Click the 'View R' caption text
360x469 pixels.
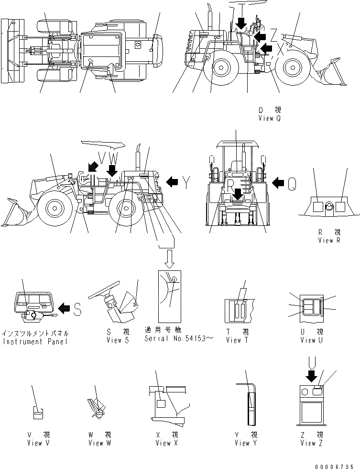point(329,240)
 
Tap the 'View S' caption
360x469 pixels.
point(118,340)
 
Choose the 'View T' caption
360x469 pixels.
point(237,340)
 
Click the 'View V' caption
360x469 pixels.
point(38,443)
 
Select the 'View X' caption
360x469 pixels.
point(166,443)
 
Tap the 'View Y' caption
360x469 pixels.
point(245,443)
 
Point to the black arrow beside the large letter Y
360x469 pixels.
point(172,181)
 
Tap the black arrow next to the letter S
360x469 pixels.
point(65,309)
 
